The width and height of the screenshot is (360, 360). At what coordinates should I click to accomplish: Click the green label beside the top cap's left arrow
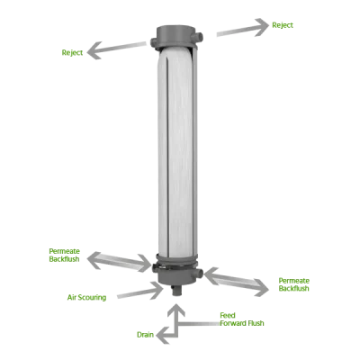point(70,53)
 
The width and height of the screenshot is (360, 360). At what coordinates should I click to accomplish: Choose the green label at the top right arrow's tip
point(283,24)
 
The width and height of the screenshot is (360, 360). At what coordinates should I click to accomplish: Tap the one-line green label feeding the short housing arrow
point(87,296)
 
